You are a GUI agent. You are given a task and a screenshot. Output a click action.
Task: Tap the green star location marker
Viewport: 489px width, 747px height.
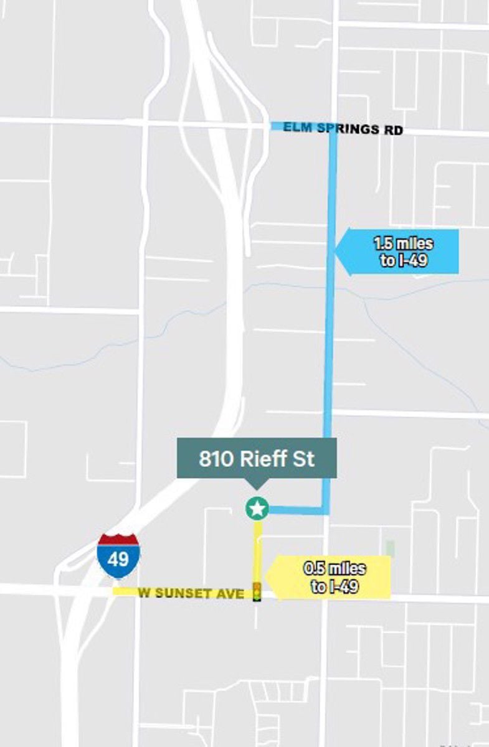click(x=257, y=509)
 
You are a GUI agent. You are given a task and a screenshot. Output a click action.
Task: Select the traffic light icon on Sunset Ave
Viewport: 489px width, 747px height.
click(x=256, y=591)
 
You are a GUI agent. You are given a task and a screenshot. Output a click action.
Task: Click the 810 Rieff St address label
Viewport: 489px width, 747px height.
click(x=257, y=459)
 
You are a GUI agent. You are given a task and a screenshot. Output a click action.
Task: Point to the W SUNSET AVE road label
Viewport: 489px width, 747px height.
click(x=191, y=593)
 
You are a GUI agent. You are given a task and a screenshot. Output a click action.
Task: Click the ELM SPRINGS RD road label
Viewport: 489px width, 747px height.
click(x=343, y=129)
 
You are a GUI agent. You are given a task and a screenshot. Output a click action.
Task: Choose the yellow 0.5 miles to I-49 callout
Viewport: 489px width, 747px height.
click(x=333, y=578)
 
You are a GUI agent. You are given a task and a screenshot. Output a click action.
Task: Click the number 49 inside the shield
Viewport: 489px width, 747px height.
click(x=118, y=559)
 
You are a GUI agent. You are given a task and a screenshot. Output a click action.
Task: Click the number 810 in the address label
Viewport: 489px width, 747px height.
click(x=214, y=459)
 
